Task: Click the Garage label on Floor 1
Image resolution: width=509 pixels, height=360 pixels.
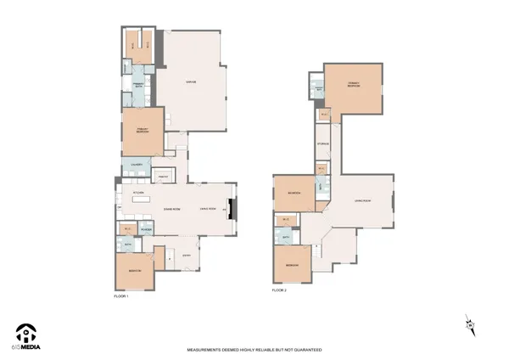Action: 192,82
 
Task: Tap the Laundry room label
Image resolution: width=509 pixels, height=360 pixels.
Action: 136,165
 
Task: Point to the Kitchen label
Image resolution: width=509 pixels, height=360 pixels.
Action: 137,193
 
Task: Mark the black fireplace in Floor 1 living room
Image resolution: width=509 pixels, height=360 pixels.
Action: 236,208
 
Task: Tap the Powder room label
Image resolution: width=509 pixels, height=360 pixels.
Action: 146,229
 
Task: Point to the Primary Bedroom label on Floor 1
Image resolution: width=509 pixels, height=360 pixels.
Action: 141,130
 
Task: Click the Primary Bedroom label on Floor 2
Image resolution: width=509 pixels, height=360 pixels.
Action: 354,85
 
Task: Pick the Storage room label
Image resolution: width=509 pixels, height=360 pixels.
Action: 323,144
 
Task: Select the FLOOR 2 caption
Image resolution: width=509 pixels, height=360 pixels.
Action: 279,290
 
